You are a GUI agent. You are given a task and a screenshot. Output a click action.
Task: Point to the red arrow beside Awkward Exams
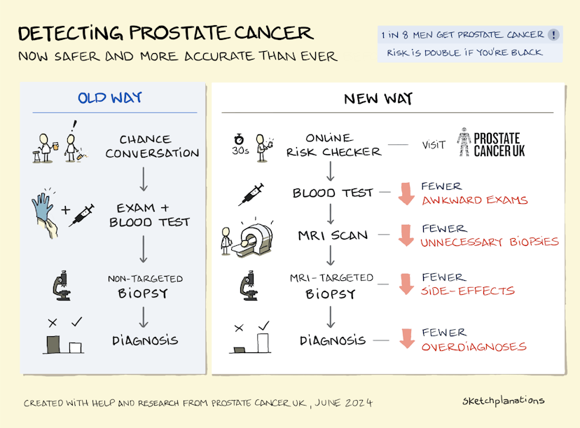405,193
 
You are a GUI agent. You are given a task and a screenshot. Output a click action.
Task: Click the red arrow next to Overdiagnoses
405,339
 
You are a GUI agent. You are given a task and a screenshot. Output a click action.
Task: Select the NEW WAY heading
378,98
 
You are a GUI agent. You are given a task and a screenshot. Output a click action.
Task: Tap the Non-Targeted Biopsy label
145,286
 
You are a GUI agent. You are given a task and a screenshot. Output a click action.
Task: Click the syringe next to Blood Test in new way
251,193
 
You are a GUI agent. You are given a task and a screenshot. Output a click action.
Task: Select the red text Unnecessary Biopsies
489,242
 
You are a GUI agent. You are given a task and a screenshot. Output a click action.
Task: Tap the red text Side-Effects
468,291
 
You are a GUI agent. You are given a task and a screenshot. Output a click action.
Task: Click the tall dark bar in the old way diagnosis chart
53,343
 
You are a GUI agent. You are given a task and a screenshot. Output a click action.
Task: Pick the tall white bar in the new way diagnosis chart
263,343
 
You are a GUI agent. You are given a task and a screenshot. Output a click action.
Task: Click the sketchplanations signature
503,401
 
